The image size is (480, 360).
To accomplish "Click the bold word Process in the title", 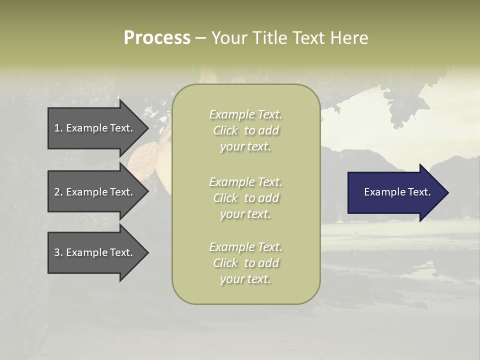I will click(157, 38).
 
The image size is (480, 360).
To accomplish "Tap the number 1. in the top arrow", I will click(58, 128).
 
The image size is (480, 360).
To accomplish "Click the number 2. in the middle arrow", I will click(58, 192).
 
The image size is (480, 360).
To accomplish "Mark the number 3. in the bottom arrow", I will click(58, 252).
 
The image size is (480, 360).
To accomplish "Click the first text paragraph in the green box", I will click(245, 130).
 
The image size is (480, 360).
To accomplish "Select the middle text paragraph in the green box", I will click(245, 198).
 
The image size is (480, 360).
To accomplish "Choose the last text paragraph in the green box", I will click(245, 263).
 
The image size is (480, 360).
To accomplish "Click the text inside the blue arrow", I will click(397, 192).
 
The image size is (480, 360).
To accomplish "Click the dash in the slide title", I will click(200, 38).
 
